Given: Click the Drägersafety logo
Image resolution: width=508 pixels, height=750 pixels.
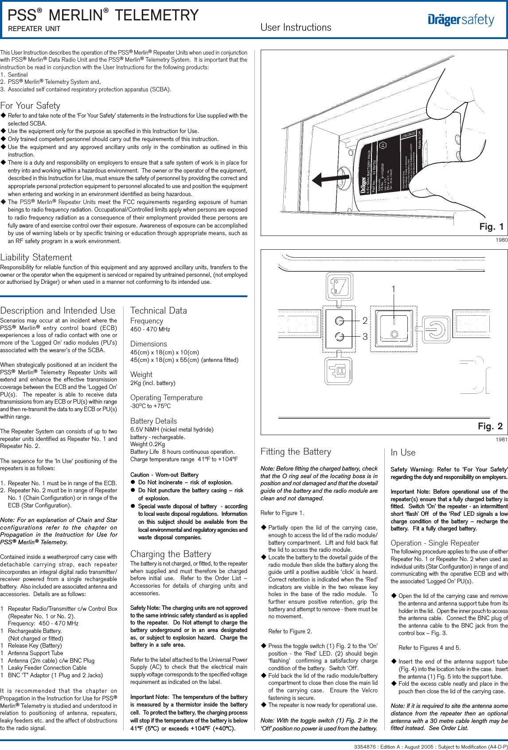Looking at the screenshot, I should point(461,20).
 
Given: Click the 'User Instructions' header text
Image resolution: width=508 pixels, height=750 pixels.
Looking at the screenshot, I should point(296,27).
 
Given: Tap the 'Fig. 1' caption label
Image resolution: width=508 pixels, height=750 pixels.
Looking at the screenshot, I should point(491,227).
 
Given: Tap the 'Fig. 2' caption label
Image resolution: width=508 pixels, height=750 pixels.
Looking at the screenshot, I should point(490,426).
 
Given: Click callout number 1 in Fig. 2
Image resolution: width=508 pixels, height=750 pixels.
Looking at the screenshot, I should point(393,289).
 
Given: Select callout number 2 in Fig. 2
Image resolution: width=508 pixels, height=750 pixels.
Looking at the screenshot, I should point(365,320).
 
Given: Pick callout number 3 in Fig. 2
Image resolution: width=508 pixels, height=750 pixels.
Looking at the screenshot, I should point(365,337).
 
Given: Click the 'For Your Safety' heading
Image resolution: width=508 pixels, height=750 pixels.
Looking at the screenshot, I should point(30,106).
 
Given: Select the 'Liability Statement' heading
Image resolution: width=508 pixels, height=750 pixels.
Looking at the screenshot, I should point(36,257).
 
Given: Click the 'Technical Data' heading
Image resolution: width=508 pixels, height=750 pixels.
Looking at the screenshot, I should point(159,310).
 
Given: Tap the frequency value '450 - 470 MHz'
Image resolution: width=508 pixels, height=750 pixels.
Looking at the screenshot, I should point(150,329).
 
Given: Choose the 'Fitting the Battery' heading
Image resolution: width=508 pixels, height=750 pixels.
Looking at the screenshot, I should point(296,452).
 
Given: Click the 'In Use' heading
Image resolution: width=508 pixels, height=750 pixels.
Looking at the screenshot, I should point(403,452).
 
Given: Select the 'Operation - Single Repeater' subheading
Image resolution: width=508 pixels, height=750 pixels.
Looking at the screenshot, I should point(435,543).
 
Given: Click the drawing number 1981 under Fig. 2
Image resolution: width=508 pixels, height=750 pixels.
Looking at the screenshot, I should point(501,440).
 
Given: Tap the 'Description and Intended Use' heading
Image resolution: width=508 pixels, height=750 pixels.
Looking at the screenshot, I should point(58,310).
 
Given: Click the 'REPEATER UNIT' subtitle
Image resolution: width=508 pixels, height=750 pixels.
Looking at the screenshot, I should point(34,29).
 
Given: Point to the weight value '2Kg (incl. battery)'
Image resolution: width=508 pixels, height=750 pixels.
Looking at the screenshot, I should point(153,383).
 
